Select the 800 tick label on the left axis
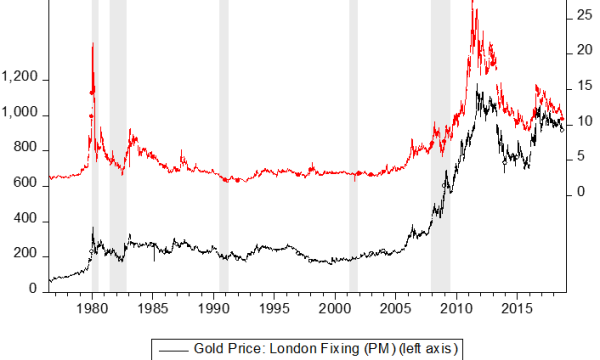tap(26, 149)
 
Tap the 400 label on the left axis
tap(26, 219)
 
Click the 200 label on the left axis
tap(26, 254)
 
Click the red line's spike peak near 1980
tap(92, 44)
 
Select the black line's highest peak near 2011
tap(479, 90)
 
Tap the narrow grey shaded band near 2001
tap(353, 150)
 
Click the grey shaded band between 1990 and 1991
tap(223, 150)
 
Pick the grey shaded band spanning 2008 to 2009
tap(440, 150)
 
